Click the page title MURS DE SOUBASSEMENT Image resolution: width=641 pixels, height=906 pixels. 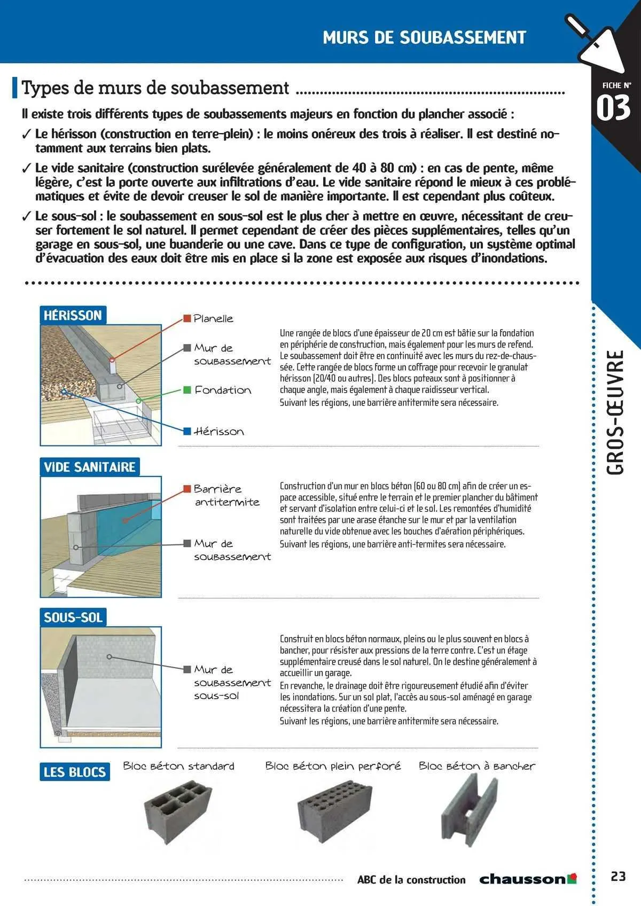424,37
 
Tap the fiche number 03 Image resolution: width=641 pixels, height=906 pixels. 613,108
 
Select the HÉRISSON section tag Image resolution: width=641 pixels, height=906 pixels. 73,315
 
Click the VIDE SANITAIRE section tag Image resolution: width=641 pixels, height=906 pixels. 89,467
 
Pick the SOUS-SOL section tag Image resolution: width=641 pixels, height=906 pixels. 73,618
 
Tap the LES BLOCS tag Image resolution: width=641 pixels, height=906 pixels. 75,772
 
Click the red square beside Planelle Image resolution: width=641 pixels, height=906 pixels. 187,318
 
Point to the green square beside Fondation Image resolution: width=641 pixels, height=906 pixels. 187,390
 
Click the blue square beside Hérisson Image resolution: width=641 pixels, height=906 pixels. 187,431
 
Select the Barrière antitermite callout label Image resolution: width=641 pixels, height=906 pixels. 226,495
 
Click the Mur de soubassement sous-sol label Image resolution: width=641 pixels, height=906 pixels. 232,682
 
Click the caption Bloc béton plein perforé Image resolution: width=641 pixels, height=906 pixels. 333,766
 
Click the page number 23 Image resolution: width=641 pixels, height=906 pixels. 618,877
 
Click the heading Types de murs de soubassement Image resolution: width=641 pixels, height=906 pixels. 155,88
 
